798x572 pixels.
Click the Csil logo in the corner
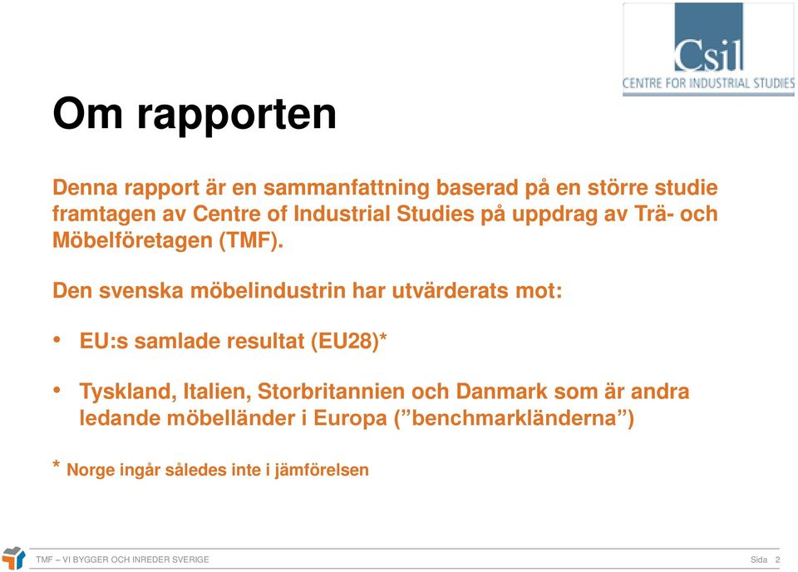708,49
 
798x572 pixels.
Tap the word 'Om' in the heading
88,113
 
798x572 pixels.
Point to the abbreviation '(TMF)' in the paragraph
251,240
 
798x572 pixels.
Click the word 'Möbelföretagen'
132,241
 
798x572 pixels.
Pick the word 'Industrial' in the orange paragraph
342,214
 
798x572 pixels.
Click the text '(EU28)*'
349,341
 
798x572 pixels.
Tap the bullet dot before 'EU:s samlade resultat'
57,339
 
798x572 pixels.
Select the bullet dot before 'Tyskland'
57,390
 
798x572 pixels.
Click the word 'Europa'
350,419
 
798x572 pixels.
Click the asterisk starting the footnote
57,464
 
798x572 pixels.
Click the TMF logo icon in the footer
14,558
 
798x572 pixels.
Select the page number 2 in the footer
778,560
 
